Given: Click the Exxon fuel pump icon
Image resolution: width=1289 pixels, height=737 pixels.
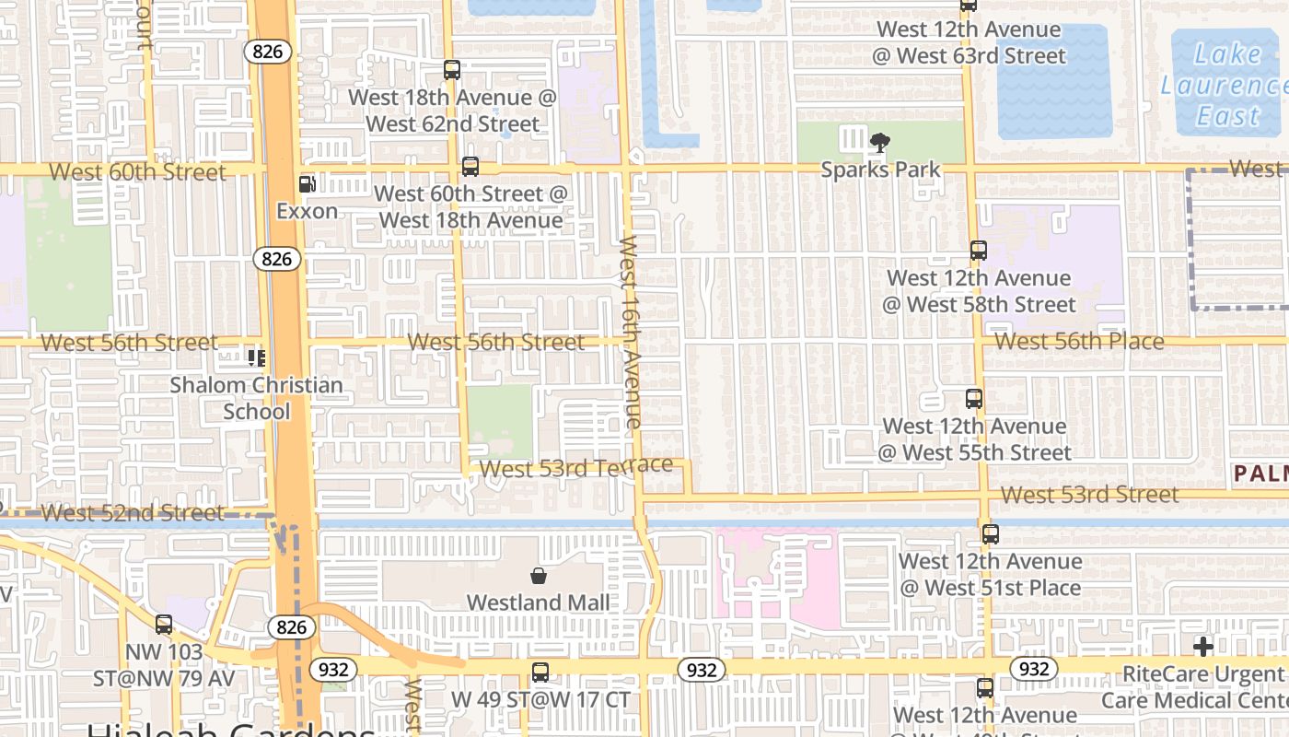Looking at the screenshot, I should click(x=308, y=184).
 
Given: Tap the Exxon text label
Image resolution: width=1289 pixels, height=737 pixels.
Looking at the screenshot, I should click(x=308, y=211).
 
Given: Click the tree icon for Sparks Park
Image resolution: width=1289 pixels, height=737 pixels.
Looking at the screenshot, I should click(x=880, y=142).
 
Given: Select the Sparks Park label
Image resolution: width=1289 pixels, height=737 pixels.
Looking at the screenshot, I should click(x=881, y=170).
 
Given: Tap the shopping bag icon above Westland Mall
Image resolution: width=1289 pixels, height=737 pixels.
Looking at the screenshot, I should click(x=539, y=577).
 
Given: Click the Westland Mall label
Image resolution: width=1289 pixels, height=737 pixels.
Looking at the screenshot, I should click(x=539, y=602).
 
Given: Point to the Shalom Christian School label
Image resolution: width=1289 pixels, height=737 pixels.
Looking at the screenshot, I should click(x=256, y=398).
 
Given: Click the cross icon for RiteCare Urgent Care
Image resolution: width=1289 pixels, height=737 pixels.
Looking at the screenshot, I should click(x=1202, y=646).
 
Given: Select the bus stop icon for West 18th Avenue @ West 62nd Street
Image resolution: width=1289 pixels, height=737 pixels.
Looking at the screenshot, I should click(x=451, y=70).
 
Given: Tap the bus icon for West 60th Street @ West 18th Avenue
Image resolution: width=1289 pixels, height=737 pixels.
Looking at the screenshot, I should click(x=470, y=167).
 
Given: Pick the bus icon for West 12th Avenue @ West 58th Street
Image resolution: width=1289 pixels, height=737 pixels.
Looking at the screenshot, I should click(x=979, y=251).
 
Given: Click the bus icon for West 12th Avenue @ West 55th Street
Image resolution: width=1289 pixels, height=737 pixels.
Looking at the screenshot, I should click(x=974, y=399).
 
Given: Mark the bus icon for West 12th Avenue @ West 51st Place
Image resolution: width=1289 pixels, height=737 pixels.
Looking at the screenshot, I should click(x=990, y=534).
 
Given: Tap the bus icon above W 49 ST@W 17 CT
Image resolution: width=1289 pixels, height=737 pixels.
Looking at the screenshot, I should click(x=540, y=673).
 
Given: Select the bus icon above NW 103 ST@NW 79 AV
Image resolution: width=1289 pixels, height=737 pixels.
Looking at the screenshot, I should click(x=164, y=625).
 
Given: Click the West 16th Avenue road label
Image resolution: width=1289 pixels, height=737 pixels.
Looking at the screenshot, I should click(x=630, y=332).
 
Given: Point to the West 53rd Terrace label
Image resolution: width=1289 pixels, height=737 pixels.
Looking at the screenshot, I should click(x=576, y=467).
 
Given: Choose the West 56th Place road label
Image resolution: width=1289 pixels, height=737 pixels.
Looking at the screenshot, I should click(x=1079, y=342).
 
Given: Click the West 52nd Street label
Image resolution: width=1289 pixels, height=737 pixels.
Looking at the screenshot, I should click(x=133, y=513).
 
